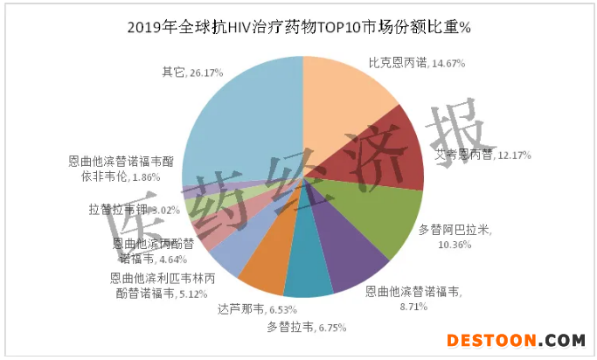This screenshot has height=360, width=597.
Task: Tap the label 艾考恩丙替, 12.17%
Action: tap(476, 155)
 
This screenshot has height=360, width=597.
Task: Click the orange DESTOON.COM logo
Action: tap(515, 340)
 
